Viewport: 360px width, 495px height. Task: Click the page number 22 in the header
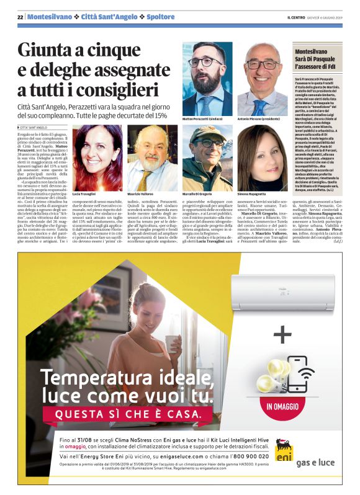20,16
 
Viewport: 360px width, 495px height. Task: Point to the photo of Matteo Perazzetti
207,77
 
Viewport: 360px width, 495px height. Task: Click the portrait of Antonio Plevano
263,77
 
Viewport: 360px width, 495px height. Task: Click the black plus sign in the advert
283,335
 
